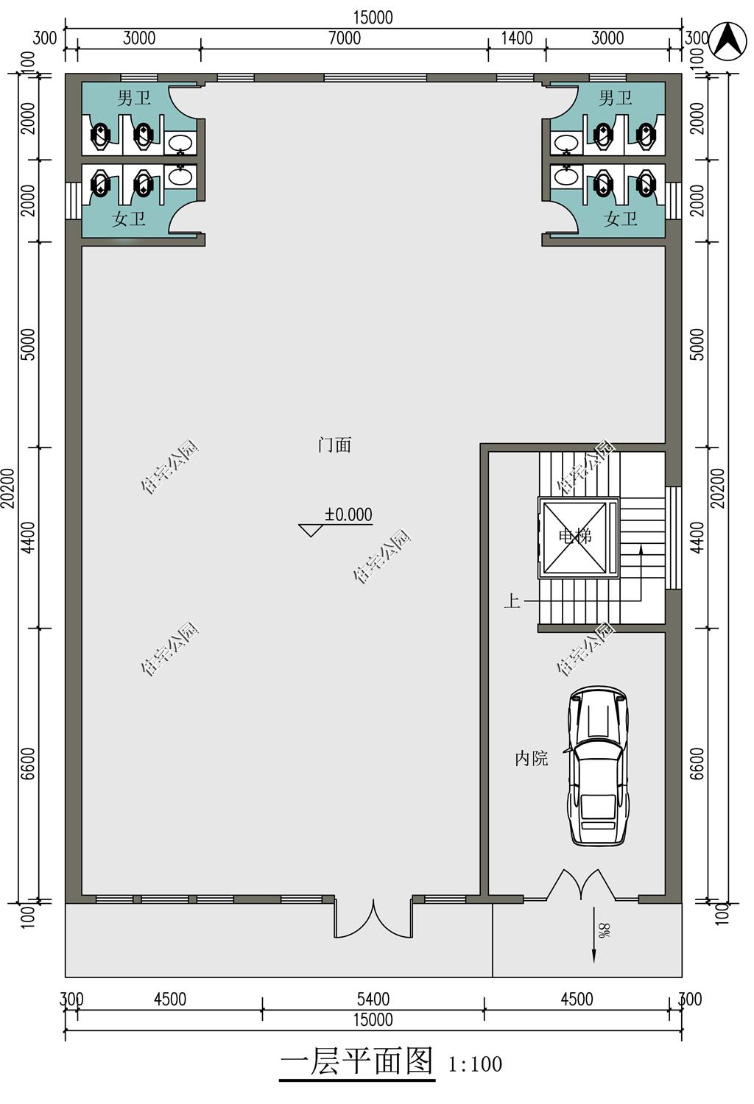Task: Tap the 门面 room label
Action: click(x=334, y=445)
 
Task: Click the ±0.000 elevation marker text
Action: click(x=348, y=514)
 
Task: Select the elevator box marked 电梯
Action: click(x=578, y=537)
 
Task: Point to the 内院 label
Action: click(x=531, y=759)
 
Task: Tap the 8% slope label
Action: click(x=605, y=930)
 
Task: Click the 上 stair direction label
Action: click(x=512, y=601)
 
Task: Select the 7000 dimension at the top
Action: click(x=345, y=38)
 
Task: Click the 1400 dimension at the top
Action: click(x=517, y=38)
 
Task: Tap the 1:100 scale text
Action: click(x=476, y=1064)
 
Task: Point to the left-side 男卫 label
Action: click(x=133, y=98)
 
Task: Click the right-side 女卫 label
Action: click(x=620, y=219)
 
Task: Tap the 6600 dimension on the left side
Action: click(x=29, y=763)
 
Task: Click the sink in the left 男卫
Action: click(x=180, y=144)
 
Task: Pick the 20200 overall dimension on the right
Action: click(x=719, y=488)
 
